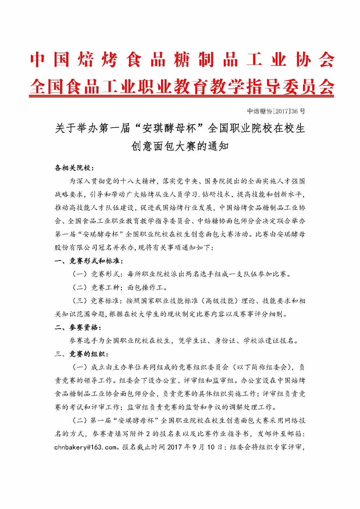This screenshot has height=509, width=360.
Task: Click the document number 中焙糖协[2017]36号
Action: coord(276,111)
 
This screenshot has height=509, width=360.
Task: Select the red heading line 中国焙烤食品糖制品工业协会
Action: coord(182,59)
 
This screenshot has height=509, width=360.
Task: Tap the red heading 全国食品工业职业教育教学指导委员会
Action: coord(182,86)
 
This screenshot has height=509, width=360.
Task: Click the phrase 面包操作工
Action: coord(145,288)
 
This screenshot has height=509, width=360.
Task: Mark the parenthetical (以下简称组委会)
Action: coord(263,367)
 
